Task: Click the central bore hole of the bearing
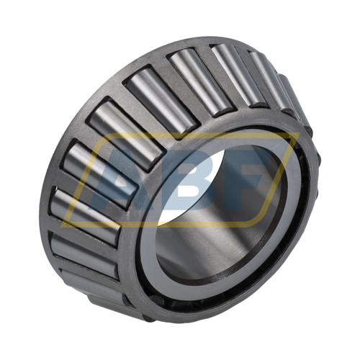point(216,209)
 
